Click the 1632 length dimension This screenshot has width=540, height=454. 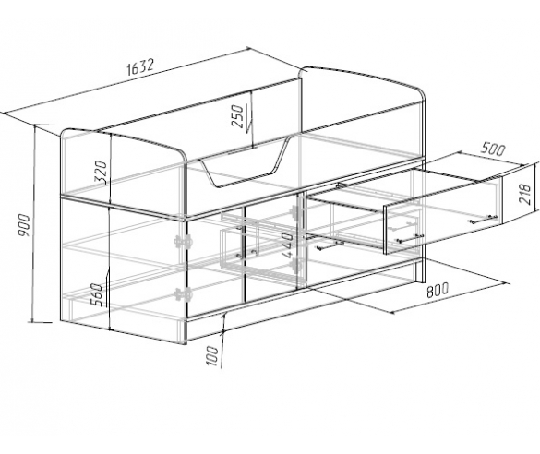point(140,67)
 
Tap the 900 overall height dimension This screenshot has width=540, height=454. point(24,225)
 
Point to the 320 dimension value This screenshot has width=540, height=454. point(101,172)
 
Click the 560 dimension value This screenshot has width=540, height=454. point(96,295)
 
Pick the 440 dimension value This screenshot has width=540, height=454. point(287,245)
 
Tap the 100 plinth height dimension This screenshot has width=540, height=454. point(211,356)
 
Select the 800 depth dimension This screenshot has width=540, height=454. point(438,290)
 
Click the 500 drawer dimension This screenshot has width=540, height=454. point(493,149)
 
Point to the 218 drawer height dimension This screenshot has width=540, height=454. point(525,195)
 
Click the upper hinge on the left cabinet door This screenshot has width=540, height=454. point(183,242)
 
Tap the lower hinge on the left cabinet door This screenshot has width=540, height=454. point(183,294)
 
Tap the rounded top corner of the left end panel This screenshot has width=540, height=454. point(180,154)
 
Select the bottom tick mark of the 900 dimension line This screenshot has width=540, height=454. point(41,323)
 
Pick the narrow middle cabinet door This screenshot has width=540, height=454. point(270,249)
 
